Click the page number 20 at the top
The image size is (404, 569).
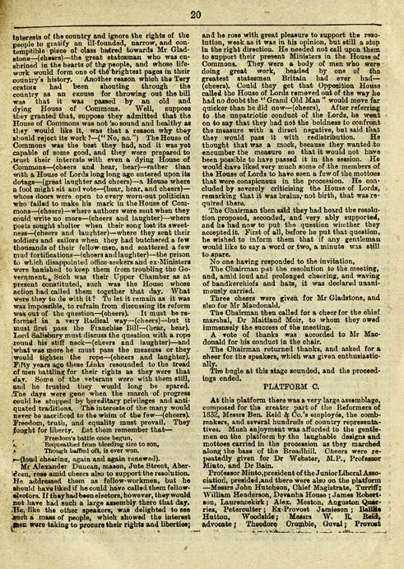202,14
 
